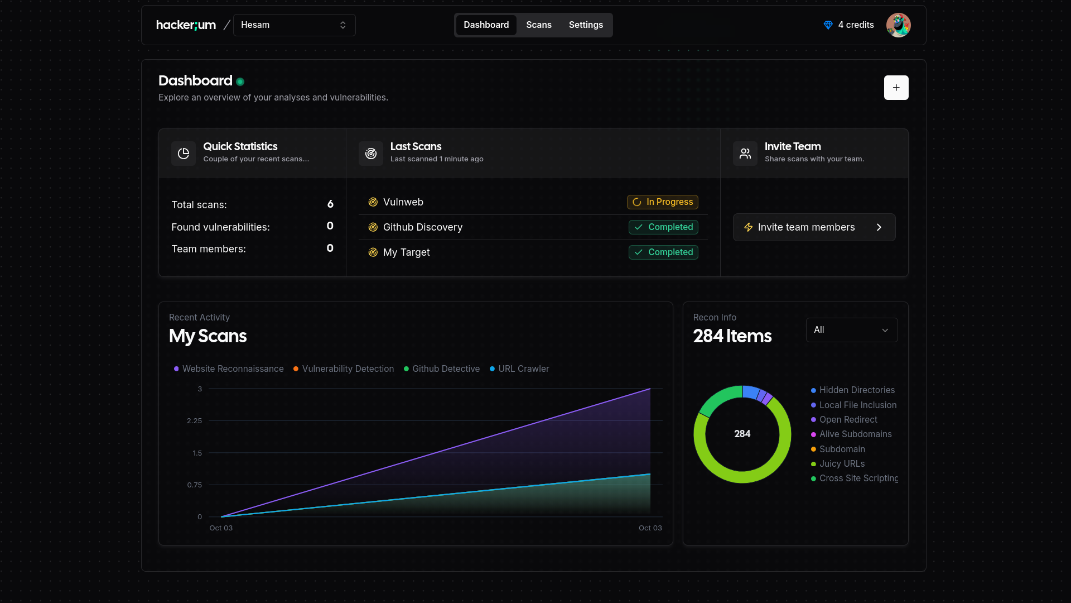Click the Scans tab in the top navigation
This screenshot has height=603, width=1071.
[x=538, y=25]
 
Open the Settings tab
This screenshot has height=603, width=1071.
[x=586, y=25]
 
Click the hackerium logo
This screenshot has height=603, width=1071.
[x=186, y=25]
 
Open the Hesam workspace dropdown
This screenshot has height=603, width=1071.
[x=294, y=25]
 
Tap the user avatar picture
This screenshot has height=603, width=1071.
[x=898, y=25]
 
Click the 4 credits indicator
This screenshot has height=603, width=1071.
[x=848, y=25]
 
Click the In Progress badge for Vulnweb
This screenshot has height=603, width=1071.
[x=662, y=202]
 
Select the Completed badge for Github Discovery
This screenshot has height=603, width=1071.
[x=663, y=227]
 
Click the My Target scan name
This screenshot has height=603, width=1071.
[x=406, y=252]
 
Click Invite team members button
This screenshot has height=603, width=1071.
[x=814, y=227]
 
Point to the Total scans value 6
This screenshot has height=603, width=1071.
[x=330, y=204]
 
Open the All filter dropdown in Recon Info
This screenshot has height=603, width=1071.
[x=851, y=330]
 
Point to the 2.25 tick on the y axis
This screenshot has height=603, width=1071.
[x=194, y=421]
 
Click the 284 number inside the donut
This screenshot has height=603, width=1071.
[x=742, y=434]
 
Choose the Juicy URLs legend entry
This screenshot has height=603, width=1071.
[x=841, y=464]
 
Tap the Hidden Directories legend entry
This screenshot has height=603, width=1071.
[x=856, y=390]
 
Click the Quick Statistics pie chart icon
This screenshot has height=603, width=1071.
[x=184, y=154]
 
